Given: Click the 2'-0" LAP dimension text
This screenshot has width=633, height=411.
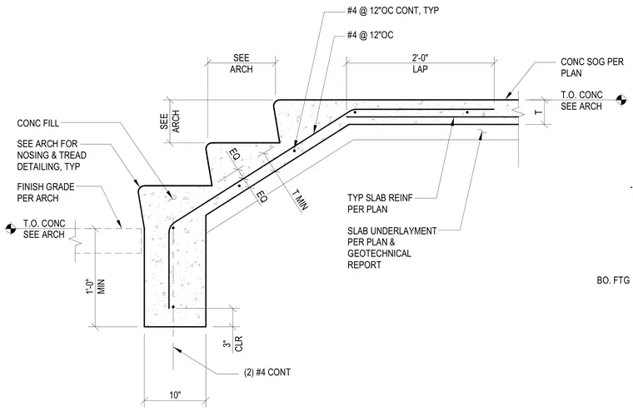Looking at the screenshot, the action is pyautogui.click(x=420, y=64).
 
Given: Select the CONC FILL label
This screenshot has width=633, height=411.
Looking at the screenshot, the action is pyautogui.click(x=38, y=123).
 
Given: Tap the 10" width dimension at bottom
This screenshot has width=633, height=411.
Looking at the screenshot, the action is pyautogui.click(x=175, y=395).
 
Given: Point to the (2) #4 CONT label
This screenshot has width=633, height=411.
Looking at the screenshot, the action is pyautogui.click(x=267, y=372).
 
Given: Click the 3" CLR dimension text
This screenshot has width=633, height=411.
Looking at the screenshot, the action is pyautogui.click(x=233, y=344).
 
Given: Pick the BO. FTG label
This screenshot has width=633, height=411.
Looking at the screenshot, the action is pyautogui.click(x=613, y=280).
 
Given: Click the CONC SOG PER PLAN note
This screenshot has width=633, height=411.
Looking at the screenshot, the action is pyautogui.click(x=592, y=67).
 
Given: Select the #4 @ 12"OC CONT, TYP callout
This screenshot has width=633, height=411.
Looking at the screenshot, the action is pyautogui.click(x=393, y=11).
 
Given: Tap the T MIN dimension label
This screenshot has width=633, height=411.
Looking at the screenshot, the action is pyautogui.click(x=300, y=199).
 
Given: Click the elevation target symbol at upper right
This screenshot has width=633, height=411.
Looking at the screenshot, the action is pyautogui.click(x=621, y=99).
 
